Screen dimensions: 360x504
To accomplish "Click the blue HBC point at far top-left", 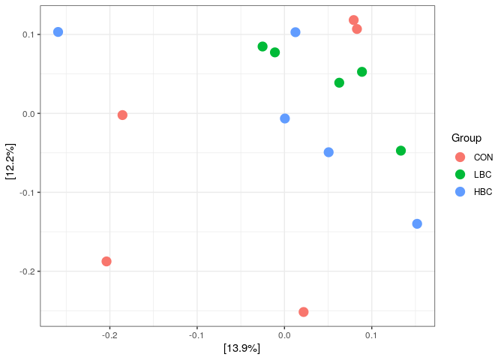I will point(58,32).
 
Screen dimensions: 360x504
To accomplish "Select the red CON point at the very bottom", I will point(303,312).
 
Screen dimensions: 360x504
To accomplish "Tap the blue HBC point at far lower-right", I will point(417,223).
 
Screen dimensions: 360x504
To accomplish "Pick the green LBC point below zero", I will point(400,151).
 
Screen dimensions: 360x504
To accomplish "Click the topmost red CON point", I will point(353,20).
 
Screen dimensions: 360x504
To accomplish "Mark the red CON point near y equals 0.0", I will point(122,115).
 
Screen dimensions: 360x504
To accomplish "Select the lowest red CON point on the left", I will point(106,261).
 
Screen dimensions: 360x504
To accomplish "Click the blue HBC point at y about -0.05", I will point(328,152).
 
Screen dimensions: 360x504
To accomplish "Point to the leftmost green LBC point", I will point(262,46).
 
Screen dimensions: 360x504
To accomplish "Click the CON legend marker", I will point(460,157).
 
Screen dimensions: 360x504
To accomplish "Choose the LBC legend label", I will point(482,174).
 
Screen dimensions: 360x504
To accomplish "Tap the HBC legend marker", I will point(460,191).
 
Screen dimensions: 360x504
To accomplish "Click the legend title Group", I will point(466,138).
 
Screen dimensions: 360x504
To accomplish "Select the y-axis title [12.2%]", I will point(10,161).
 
